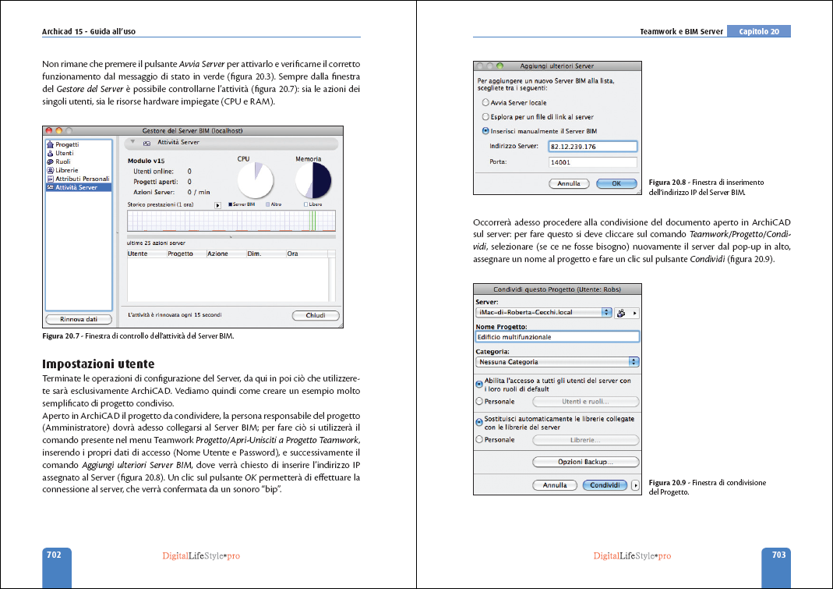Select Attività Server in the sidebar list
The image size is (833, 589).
pos(76,187)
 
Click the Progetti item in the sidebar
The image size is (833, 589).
pos(66,144)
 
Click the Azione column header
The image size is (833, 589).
pos(217,254)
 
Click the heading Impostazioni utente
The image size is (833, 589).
pos(98,364)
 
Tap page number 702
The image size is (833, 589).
pos(54,555)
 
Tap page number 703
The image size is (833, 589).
pos(778,555)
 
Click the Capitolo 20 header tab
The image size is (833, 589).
pos(758,32)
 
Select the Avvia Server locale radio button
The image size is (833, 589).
pos(486,102)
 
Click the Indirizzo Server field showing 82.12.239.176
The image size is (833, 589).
pos(593,146)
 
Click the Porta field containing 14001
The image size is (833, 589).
pos(593,162)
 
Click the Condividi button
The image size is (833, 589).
pos(605,484)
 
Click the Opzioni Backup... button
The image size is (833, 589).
pos(585,462)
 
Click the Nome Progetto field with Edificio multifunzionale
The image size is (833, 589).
pos(556,337)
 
